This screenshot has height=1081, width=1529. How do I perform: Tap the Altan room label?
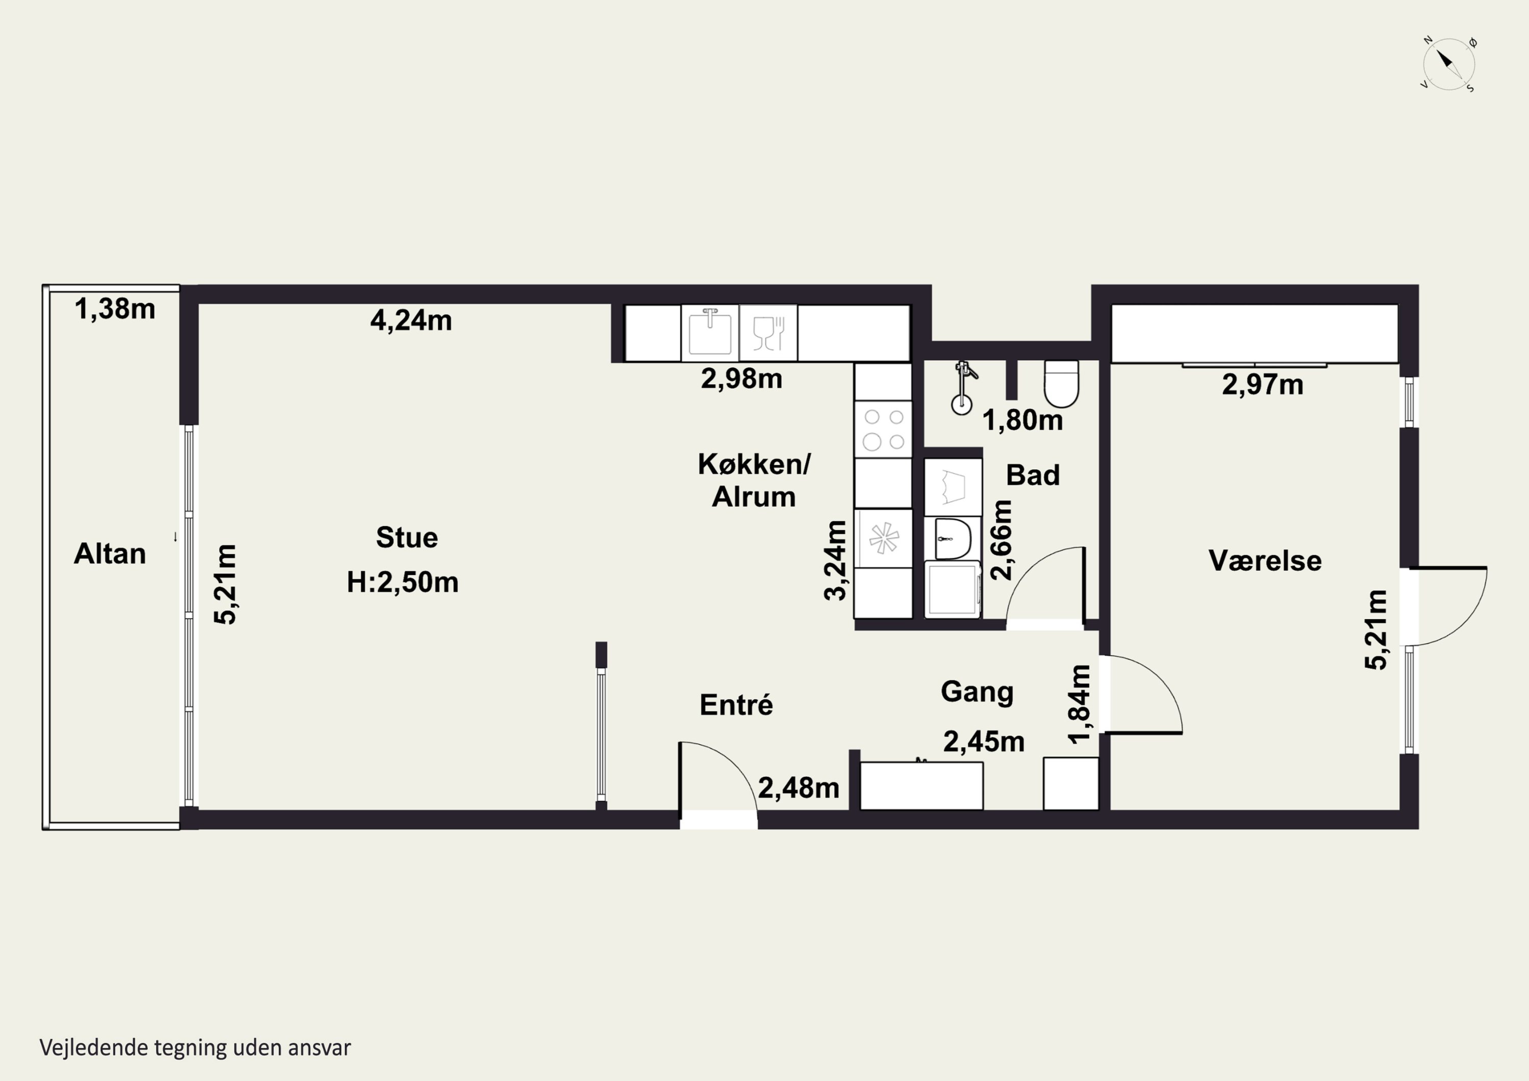[110, 554]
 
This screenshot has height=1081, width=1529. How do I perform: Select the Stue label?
[407, 538]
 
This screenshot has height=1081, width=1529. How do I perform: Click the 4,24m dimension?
[411, 321]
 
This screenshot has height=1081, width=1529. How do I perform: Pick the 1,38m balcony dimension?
[115, 309]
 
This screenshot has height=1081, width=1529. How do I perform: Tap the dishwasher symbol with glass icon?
[769, 332]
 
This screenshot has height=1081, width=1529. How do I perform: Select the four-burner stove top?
[884, 429]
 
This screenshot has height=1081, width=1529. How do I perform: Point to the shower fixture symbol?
[962, 388]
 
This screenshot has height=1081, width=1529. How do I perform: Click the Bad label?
[1033, 475]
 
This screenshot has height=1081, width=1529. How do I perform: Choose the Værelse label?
[1266, 561]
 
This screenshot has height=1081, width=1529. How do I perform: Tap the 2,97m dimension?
[1262, 385]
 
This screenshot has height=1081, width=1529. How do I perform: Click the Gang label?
[978, 693]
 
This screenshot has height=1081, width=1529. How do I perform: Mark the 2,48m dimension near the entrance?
[799, 788]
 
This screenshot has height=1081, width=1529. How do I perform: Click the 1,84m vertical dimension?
[1079, 703]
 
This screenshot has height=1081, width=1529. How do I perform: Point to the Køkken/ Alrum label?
[754, 480]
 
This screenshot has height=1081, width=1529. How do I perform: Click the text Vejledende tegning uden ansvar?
[195, 1048]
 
